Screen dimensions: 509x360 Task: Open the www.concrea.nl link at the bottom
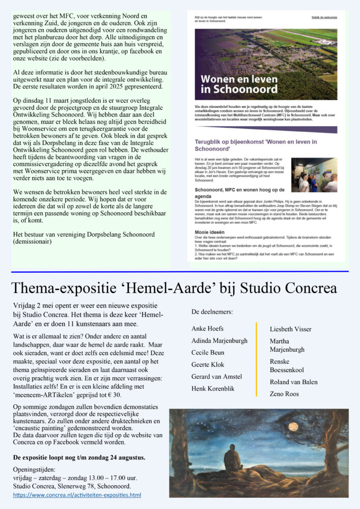pos(77,494)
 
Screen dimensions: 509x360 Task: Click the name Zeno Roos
pos(285,394)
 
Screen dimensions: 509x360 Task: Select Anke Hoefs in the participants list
pos(207,328)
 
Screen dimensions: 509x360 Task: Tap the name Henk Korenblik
pos(213,388)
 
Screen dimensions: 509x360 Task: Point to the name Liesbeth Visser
pos(290,329)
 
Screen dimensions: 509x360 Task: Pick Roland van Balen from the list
pos(293,382)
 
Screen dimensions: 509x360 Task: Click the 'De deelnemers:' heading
pos(212,311)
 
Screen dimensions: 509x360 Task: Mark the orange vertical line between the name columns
pos(257,359)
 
